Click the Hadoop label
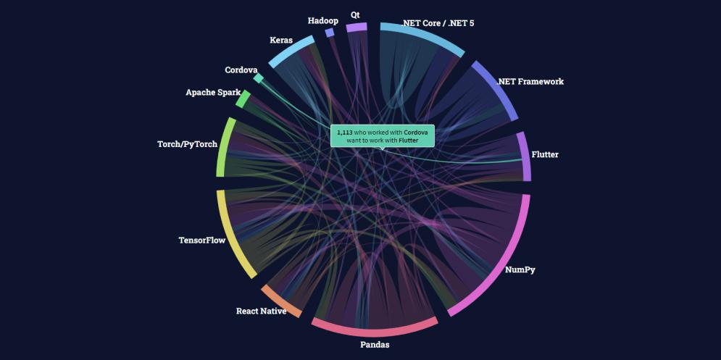[x=322, y=21]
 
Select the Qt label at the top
[x=355, y=14]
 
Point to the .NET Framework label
[x=530, y=81]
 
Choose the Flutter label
[x=545, y=154]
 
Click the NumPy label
[x=520, y=269]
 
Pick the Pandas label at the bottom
[x=375, y=344]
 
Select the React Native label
[x=261, y=311]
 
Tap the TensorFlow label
[x=202, y=240]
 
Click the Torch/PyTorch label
[x=187, y=144]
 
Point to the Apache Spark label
[x=213, y=93]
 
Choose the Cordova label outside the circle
[x=241, y=70]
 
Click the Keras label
[x=281, y=40]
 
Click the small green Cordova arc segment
[x=259, y=78]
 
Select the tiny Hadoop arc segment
[x=330, y=33]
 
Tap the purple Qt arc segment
[x=357, y=28]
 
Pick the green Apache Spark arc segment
[x=243, y=99]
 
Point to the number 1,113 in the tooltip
[x=345, y=133]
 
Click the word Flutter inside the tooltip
[x=409, y=140]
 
